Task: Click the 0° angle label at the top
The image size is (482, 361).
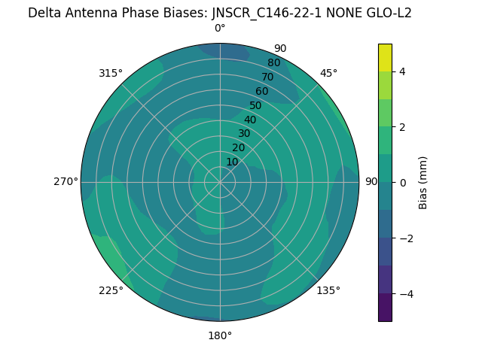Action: (220, 29)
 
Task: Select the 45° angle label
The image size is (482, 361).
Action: (328, 73)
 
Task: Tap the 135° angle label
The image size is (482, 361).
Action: (328, 290)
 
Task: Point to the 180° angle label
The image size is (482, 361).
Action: (220, 335)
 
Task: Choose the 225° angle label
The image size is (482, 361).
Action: (111, 290)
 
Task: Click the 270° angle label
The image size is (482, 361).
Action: (66, 181)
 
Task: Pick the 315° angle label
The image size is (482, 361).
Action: (111, 73)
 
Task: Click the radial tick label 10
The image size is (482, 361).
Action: (232, 162)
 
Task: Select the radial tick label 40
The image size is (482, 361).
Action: (250, 120)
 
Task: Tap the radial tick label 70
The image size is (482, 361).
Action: (267, 77)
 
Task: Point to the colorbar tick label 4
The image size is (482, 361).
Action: (403, 71)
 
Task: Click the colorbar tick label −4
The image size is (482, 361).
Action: (406, 293)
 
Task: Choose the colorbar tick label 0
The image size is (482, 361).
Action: (403, 182)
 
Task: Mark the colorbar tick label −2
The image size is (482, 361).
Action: (406, 238)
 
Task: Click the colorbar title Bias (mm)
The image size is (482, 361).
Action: (423, 182)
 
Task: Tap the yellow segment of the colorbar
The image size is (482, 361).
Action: (385, 57)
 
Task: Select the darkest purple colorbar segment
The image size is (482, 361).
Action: (385, 307)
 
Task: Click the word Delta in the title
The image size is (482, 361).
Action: (44, 13)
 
